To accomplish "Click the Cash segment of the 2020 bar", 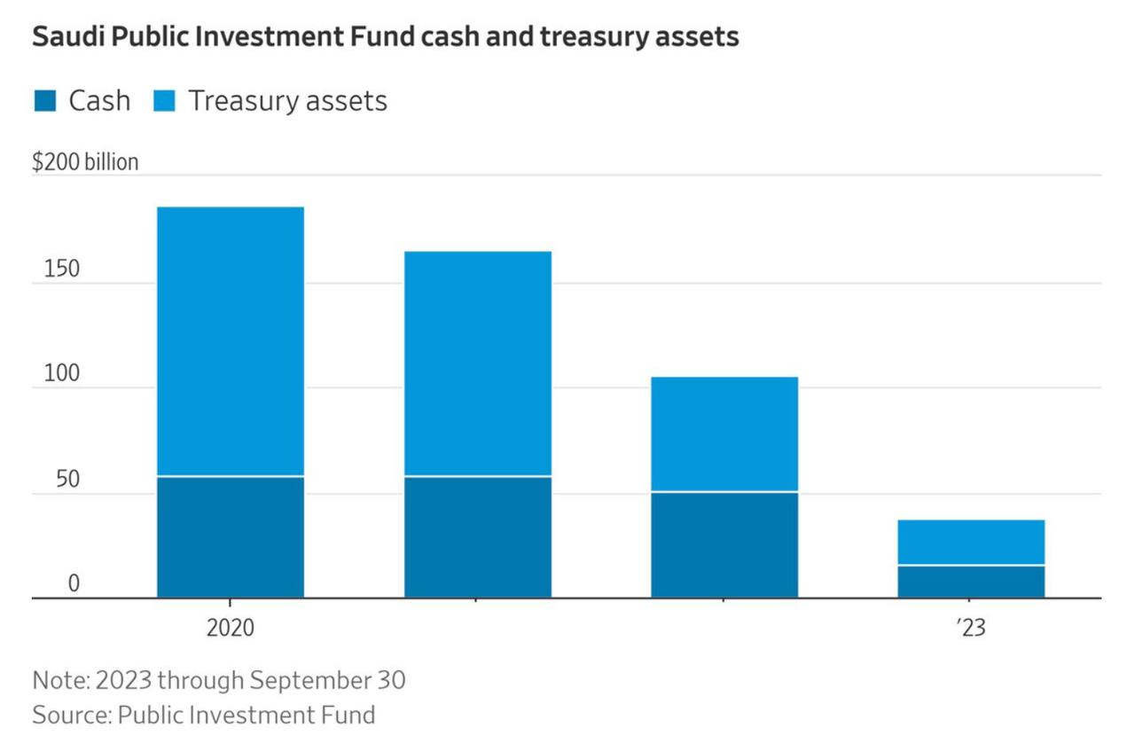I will pyautogui.click(x=231, y=537).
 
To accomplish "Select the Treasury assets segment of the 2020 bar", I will pyautogui.click(x=231, y=341).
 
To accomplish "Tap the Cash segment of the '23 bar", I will pyautogui.click(x=971, y=582).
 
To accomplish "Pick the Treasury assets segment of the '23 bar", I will pyautogui.click(x=971, y=542).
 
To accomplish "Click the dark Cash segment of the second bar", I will pyautogui.click(x=478, y=537).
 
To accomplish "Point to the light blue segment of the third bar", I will pyautogui.click(x=724, y=434).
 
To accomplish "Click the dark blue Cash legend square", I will pyautogui.click(x=45, y=100).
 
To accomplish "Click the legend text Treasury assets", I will pyautogui.click(x=287, y=101).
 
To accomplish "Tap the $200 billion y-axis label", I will pyautogui.click(x=85, y=163).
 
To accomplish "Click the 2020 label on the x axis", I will pyautogui.click(x=231, y=628).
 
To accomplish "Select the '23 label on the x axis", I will pyautogui.click(x=971, y=628).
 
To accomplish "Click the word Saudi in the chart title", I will pyautogui.click(x=62, y=37).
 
